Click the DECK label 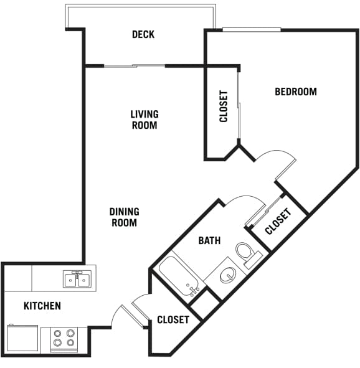pos(143,35)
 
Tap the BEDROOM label pos(296,92)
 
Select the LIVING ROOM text pos(144,120)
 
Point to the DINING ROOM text pos(125,217)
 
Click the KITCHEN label pos(42,306)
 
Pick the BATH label pos(209,240)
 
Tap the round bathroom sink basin pos(228,274)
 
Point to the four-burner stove pos(64,338)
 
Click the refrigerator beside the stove pos(23,339)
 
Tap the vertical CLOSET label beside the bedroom pos(224,106)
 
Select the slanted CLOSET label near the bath pos(278,222)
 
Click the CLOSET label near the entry pos(173,319)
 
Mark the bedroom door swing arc pos(278,160)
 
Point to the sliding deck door pos(134,66)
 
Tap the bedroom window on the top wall pos(252,29)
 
